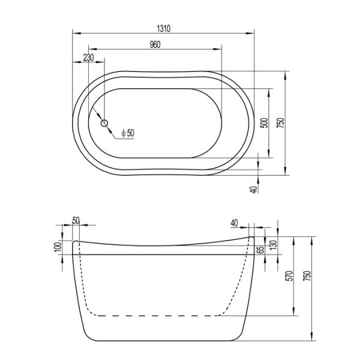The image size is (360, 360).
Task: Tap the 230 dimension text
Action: click(88, 58)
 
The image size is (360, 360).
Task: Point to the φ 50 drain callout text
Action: click(127, 133)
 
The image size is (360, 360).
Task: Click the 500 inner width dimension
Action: click(263, 124)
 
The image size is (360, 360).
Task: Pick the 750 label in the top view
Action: click(280, 124)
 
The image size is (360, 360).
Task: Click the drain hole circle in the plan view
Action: click(104, 124)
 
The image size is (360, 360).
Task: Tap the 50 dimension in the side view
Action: click(76, 221)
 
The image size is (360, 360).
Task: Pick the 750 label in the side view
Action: click(307, 276)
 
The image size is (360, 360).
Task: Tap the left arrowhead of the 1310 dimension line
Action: click(74, 33)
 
